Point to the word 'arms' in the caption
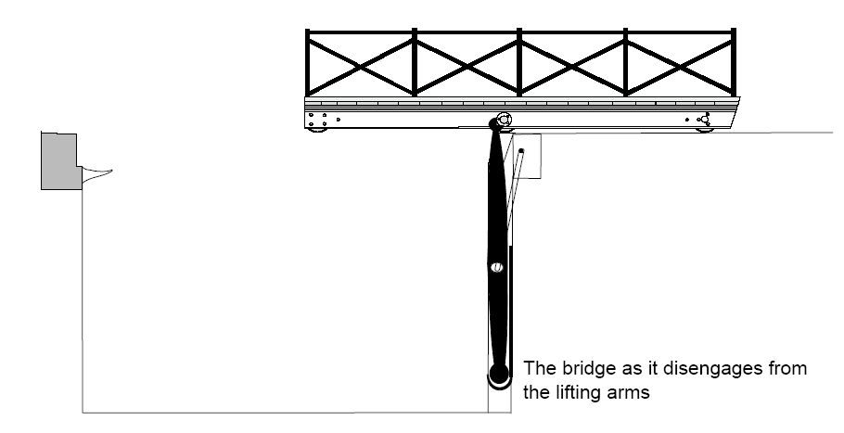click(633, 391)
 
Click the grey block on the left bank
click(59, 160)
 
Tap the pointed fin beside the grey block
click(96, 171)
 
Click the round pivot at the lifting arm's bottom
click(498, 376)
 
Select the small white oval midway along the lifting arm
click(496, 267)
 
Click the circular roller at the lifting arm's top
click(503, 121)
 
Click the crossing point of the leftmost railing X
click(360, 63)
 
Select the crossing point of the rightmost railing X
click(682, 63)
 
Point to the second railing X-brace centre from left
click(467, 63)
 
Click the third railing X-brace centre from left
click(574, 63)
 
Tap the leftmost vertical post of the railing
click(308, 63)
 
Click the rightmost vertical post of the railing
click(734, 63)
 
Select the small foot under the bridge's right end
click(705, 131)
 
